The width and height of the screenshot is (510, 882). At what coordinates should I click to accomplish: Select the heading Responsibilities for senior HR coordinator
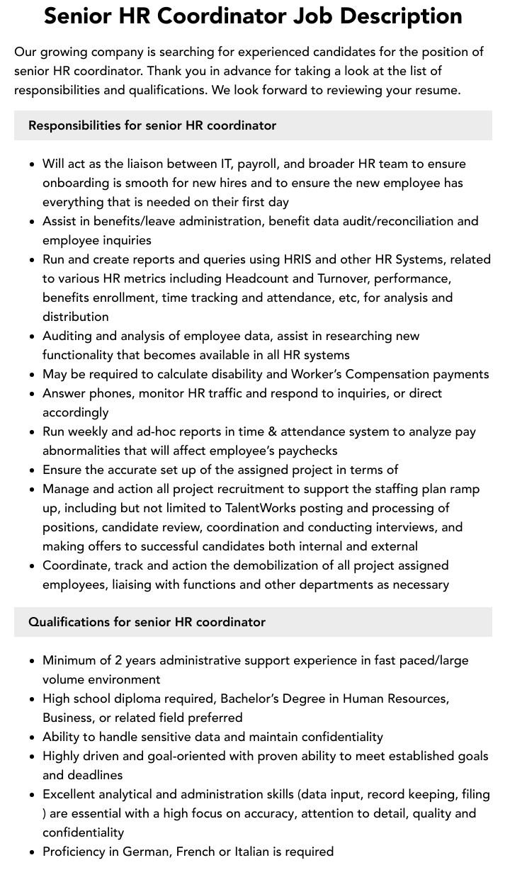(152, 125)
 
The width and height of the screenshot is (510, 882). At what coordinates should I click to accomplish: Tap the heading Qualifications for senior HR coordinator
(147, 622)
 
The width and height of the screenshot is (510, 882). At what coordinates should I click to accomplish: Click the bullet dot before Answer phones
(33, 394)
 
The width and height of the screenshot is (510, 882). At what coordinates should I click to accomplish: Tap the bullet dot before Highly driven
(33, 757)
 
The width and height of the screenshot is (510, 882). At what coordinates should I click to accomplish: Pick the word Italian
(259, 852)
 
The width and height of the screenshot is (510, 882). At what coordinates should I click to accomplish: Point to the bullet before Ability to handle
(33, 737)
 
